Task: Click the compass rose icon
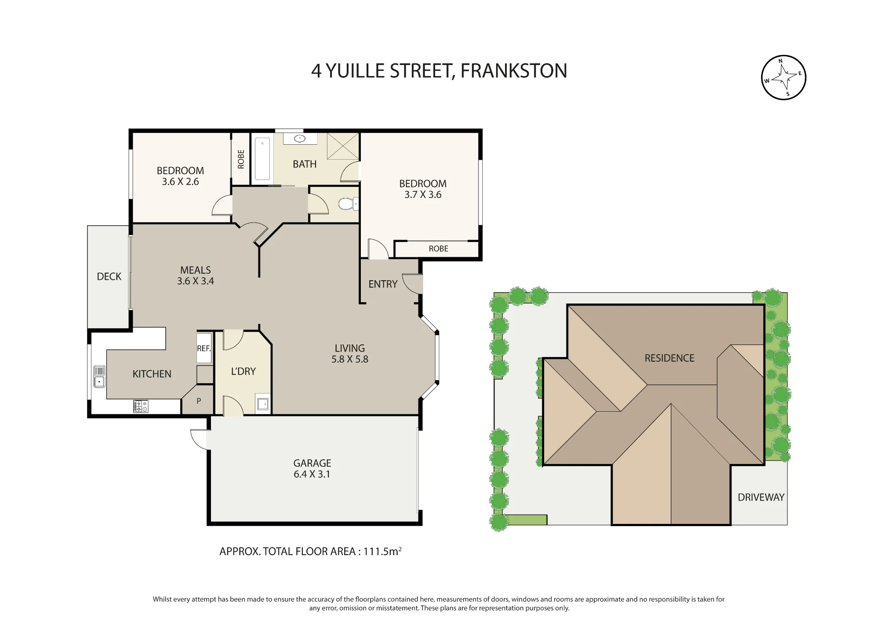tap(783, 77)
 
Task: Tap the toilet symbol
tap(348, 204)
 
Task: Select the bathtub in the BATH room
tap(262, 159)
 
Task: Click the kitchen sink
tap(99, 377)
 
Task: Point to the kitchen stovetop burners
tap(141, 406)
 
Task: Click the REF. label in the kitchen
tap(204, 348)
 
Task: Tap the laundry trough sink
tap(263, 404)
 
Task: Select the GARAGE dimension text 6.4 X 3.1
tap(312, 474)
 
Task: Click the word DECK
tap(109, 277)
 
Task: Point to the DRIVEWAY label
tap(761, 498)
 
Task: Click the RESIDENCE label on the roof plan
tap(669, 358)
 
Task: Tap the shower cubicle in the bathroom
tap(343, 146)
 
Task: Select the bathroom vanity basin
tap(300, 138)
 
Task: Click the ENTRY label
tap(383, 284)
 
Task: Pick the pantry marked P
tap(198, 401)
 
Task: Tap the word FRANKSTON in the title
tap(514, 71)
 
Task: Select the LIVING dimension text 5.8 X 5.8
tap(350, 359)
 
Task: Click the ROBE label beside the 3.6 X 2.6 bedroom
tap(241, 159)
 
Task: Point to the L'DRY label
tap(243, 371)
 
